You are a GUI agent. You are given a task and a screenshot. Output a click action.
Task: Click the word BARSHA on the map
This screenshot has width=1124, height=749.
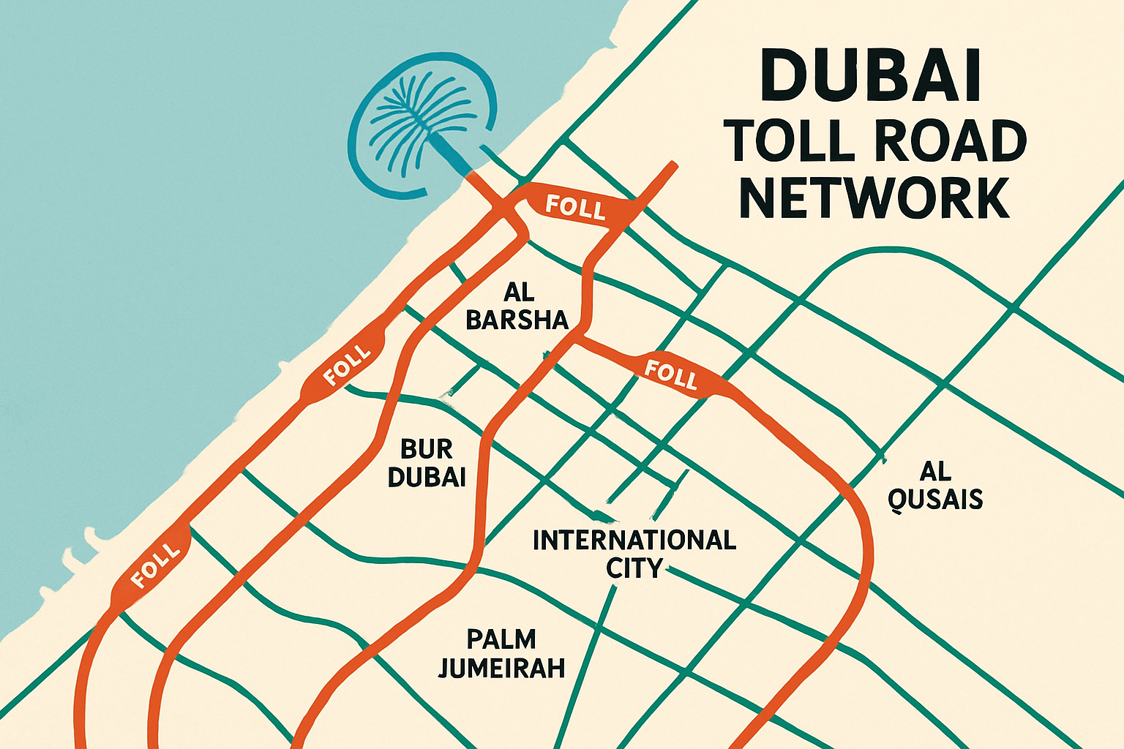coord(517,320)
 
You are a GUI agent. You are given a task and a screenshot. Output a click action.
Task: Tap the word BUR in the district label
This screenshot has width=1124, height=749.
coord(427,448)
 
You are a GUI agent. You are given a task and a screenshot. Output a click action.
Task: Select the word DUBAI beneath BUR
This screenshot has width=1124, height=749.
coord(427,477)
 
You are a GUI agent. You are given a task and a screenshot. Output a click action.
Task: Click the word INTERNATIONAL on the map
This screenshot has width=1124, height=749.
coord(634,541)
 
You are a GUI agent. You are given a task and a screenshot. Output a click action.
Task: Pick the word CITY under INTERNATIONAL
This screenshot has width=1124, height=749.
coord(634,568)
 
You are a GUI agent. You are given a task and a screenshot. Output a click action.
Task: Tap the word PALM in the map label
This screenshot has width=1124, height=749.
coord(501,639)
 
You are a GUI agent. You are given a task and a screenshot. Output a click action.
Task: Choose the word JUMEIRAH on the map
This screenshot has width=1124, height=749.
coord(501,668)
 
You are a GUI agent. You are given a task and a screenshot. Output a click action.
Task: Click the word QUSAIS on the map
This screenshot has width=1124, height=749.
coord(934,499)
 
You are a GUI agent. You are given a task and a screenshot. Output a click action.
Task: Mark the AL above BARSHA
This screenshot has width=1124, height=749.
coord(519,293)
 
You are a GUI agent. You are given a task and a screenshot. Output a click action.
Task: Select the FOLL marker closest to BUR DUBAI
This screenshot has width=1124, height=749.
coord(347,364)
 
